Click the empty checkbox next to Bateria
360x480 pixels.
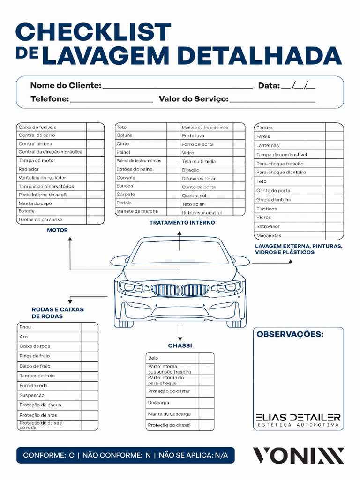tap(96, 211)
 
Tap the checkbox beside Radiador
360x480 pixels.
tap(96, 169)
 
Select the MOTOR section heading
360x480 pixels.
tap(57, 230)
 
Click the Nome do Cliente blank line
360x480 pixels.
tap(177, 87)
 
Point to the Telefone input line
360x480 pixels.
tap(111, 100)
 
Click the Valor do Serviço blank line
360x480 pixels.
tap(272, 100)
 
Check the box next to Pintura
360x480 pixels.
tap(334, 127)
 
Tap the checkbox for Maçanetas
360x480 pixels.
tap(334, 235)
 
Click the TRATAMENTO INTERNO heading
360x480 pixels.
tap(182, 223)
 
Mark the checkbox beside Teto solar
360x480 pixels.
tap(239, 204)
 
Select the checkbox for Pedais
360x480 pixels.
tap(173, 203)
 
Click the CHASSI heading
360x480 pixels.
tap(180, 346)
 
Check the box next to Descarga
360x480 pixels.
tap(206, 403)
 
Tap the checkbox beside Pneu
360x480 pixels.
tap(90, 327)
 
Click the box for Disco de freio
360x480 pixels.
tap(90, 366)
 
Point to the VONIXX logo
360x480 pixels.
tap(299, 456)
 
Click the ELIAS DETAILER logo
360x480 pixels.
tap(298, 420)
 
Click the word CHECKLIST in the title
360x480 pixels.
tap(93, 32)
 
